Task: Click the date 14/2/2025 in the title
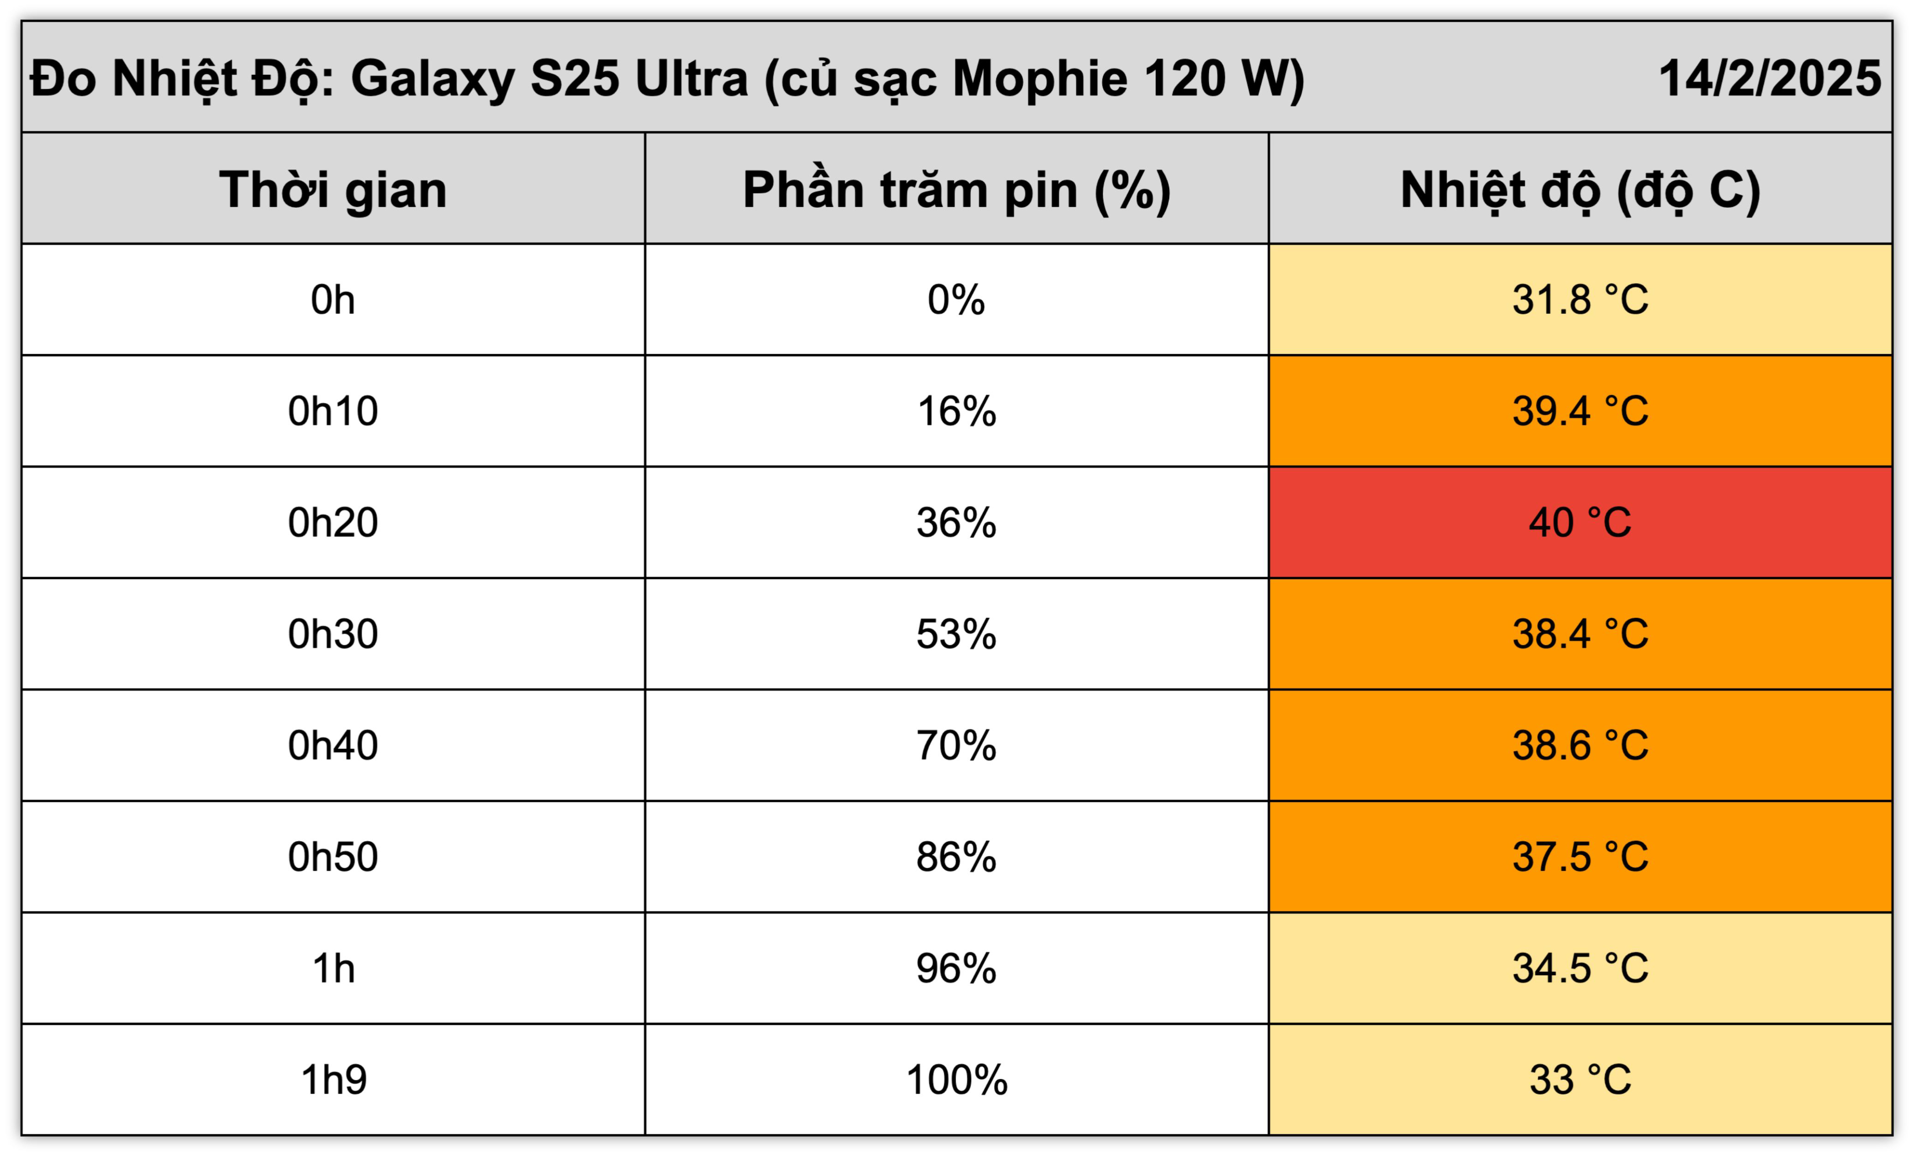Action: tap(1770, 78)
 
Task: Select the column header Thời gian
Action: tap(333, 189)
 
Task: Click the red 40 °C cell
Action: tap(1580, 522)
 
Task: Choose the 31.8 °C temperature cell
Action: tap(1580, 300)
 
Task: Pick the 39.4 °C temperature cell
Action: tap(1580, 411)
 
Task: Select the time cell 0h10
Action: tap(333, 411)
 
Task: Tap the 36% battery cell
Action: tap(957, 522)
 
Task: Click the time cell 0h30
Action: tap(333, 633)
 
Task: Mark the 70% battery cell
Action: tap(957, 745)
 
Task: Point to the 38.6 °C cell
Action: tap(1580, 745)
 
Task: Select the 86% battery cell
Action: tap(957, 856)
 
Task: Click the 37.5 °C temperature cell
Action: tap(1580, 856)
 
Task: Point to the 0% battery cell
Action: tap(957, 300)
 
